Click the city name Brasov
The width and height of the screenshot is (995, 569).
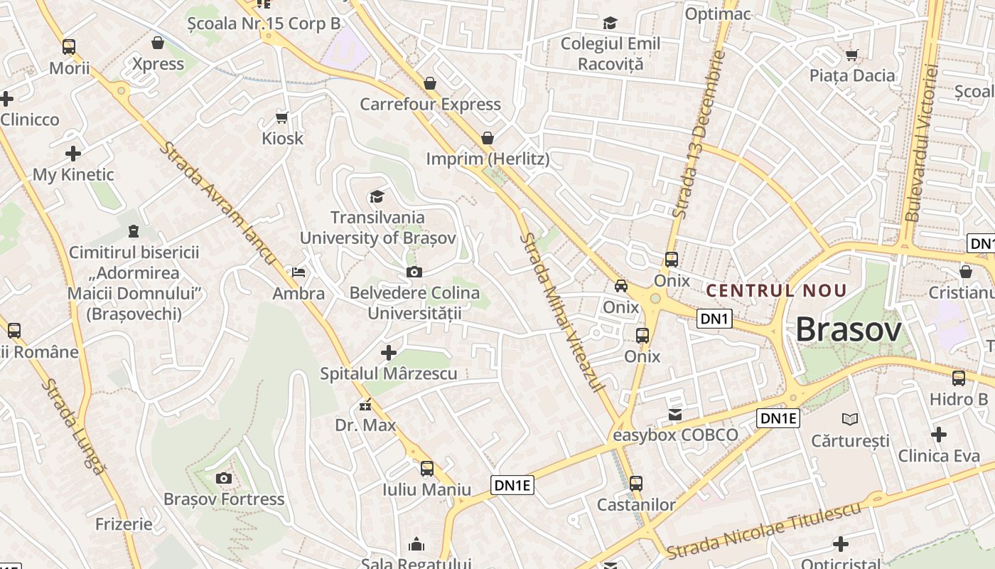point(848,329)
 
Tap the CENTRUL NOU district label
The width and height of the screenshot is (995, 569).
point(777,290)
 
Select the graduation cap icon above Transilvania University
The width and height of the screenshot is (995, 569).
point(377,196)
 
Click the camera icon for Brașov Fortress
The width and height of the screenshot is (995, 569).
point(224,478)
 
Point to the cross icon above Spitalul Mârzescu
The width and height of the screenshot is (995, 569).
point(388,352)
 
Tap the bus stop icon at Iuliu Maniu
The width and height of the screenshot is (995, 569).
point(426,469)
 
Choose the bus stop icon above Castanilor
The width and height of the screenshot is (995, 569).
point(636,484)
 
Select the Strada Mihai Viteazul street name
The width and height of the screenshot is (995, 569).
point(561,312)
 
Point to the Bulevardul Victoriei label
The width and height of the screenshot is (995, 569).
point(921,142)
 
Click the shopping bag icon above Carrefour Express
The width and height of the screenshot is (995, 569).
point(430,83)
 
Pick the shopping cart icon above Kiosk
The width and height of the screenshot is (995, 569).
point(282,117)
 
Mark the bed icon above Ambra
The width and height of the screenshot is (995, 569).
point(298,272)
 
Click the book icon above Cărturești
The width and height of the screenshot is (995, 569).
point(849,419)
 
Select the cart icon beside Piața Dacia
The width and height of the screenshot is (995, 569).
point(852,55)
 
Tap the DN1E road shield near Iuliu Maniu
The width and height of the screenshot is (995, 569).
point(512,485)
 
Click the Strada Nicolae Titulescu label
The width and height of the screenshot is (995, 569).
point(764,530)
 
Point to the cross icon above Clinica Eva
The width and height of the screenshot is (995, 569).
point(939,434)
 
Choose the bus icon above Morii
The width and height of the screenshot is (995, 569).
point(69,47)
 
